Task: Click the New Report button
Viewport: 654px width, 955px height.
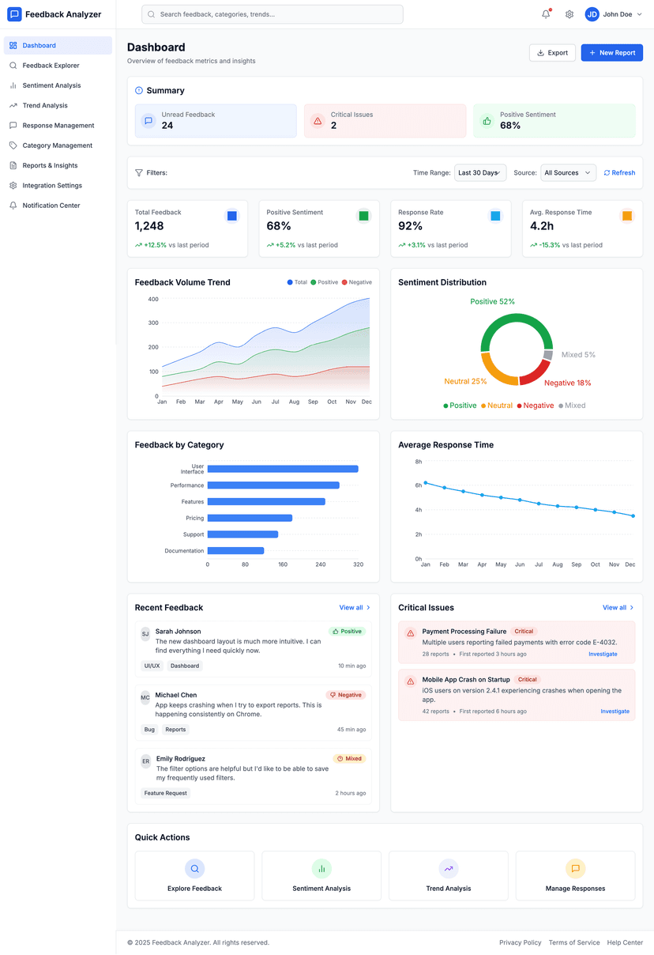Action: point(611,53)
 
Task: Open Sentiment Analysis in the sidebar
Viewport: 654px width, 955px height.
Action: point(51,85)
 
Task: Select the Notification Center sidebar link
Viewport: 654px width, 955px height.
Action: point(51,206)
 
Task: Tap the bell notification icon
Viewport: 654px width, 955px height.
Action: point(546,14)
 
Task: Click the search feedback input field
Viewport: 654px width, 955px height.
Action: point(272,14)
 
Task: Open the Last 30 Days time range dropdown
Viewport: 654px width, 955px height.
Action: point(479,173)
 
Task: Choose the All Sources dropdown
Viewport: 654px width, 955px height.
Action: point(567,173)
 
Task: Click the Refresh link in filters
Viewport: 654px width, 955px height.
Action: point(619,173)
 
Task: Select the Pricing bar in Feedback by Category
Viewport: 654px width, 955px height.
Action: point(250,518)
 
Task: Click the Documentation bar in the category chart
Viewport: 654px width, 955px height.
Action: point(235,550)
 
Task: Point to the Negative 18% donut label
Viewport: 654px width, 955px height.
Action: point(567,383)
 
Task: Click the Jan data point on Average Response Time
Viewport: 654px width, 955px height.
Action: point(426,482)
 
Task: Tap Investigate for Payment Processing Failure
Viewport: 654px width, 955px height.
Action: point(603,655)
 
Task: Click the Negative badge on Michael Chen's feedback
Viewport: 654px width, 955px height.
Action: point(346,695)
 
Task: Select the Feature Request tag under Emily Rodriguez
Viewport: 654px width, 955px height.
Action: point(166,793)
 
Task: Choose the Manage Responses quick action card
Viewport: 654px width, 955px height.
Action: point(575,876)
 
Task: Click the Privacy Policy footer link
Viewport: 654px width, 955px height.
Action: point(520,942)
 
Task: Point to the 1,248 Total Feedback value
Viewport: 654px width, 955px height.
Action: point(149,226)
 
